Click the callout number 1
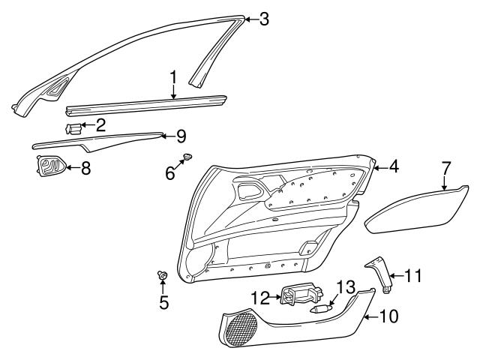172,77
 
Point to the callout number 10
389,316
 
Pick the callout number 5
163,303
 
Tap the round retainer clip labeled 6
187,157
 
